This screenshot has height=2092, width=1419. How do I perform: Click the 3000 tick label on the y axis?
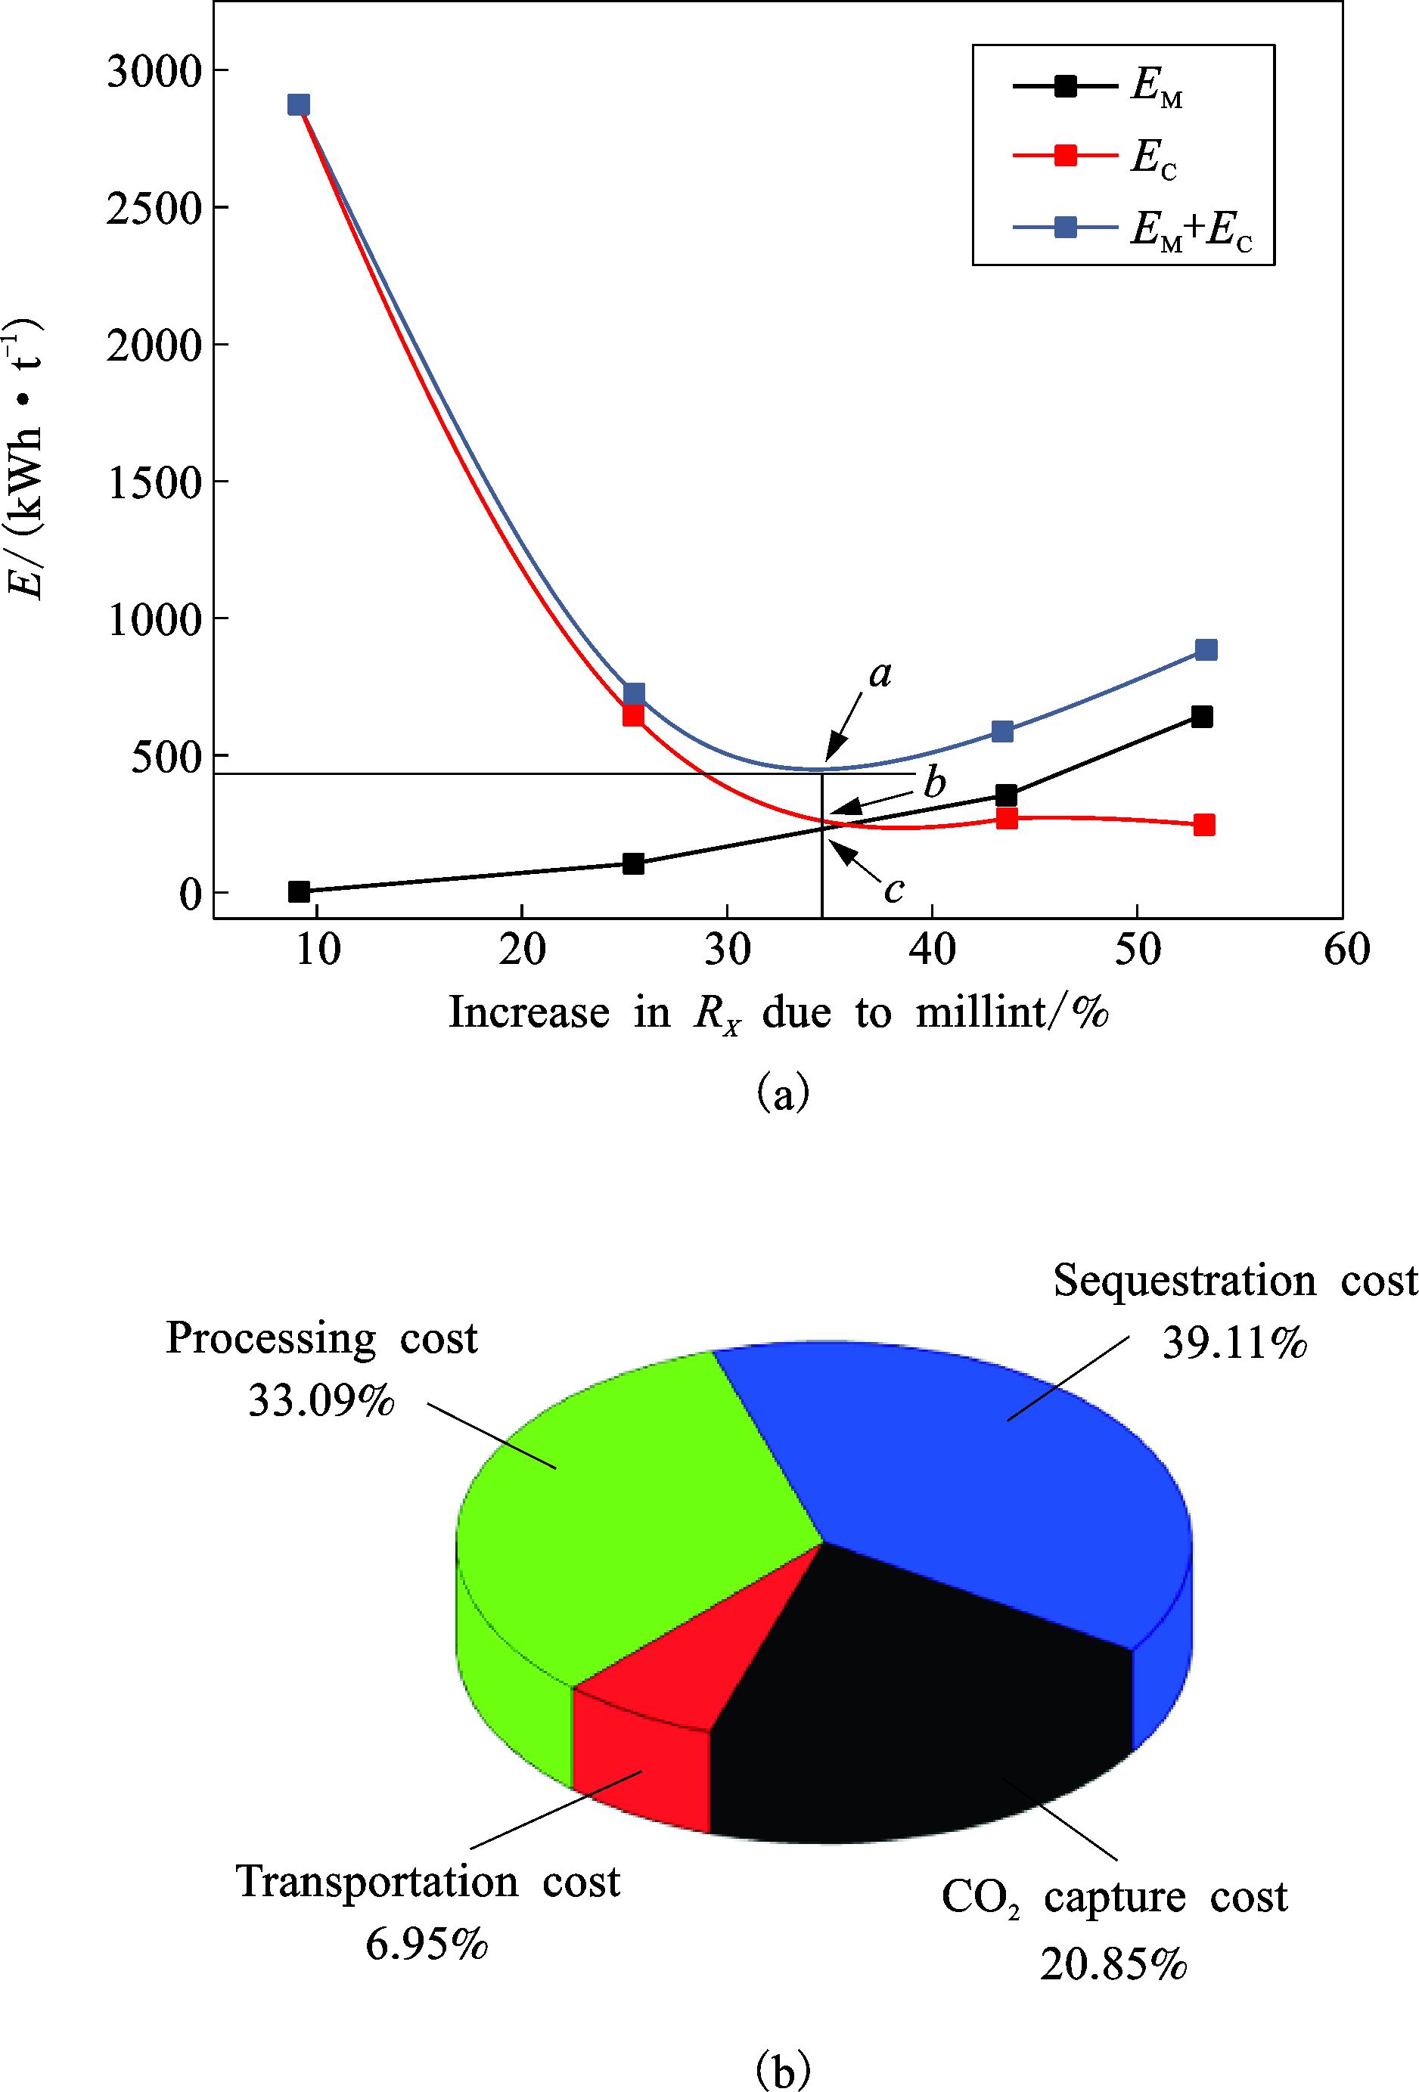tap(151, 72)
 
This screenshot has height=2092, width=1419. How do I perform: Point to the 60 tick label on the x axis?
tap(1347, 950)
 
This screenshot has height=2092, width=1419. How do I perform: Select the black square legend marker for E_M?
tap(1066, 86)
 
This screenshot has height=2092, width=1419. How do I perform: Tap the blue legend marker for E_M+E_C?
tap(1066, 227)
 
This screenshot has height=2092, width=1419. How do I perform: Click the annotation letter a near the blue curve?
tap(880, 674)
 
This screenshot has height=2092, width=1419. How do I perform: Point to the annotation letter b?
tap(936, 784)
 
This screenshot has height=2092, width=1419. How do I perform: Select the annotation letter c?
tap(894, 889)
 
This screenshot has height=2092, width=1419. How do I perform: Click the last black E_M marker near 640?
tap(1202, 717)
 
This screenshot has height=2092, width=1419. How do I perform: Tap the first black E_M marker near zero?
tap(299, 891)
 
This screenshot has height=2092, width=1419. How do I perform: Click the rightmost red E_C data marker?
tap(1205, 825)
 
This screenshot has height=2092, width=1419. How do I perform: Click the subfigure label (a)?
tap(784, 1095)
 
